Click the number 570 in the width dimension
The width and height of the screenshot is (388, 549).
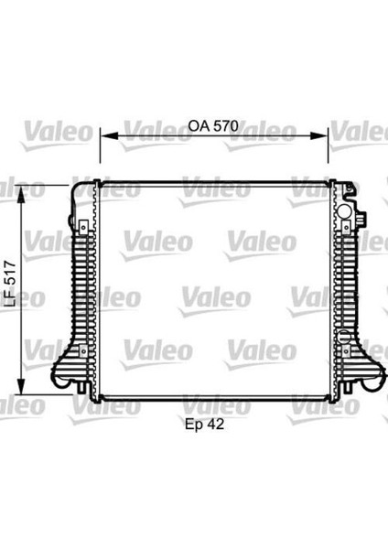(x=226, y=125)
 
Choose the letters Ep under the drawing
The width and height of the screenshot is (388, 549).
(x=194, y=425)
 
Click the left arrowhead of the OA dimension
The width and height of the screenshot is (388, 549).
(x=108, y=135)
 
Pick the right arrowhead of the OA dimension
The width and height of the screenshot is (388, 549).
(x=319, y=135)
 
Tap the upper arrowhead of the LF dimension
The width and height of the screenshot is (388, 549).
(x=21, y=194)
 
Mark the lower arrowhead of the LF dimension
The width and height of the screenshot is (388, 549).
(x=21, y=386)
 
